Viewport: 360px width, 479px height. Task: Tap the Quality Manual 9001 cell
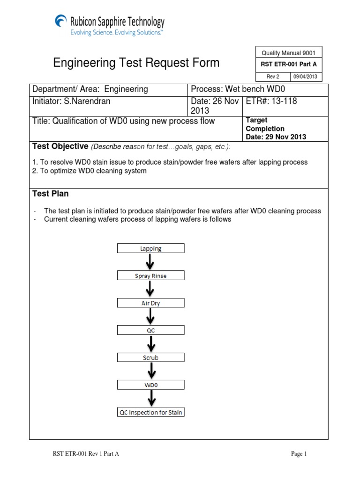288,53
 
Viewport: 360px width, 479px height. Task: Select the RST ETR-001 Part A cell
288,65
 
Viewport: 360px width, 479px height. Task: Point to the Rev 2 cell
272,77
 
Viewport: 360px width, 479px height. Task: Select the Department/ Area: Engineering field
108,89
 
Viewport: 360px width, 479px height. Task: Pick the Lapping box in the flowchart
150,248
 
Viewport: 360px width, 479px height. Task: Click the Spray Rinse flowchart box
150,276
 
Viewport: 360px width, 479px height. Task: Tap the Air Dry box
150,303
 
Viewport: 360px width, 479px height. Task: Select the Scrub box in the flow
150,357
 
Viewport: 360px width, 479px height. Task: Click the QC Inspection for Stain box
150,412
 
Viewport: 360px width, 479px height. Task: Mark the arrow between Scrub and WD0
150,371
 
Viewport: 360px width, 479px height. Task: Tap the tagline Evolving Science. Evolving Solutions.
117,33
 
